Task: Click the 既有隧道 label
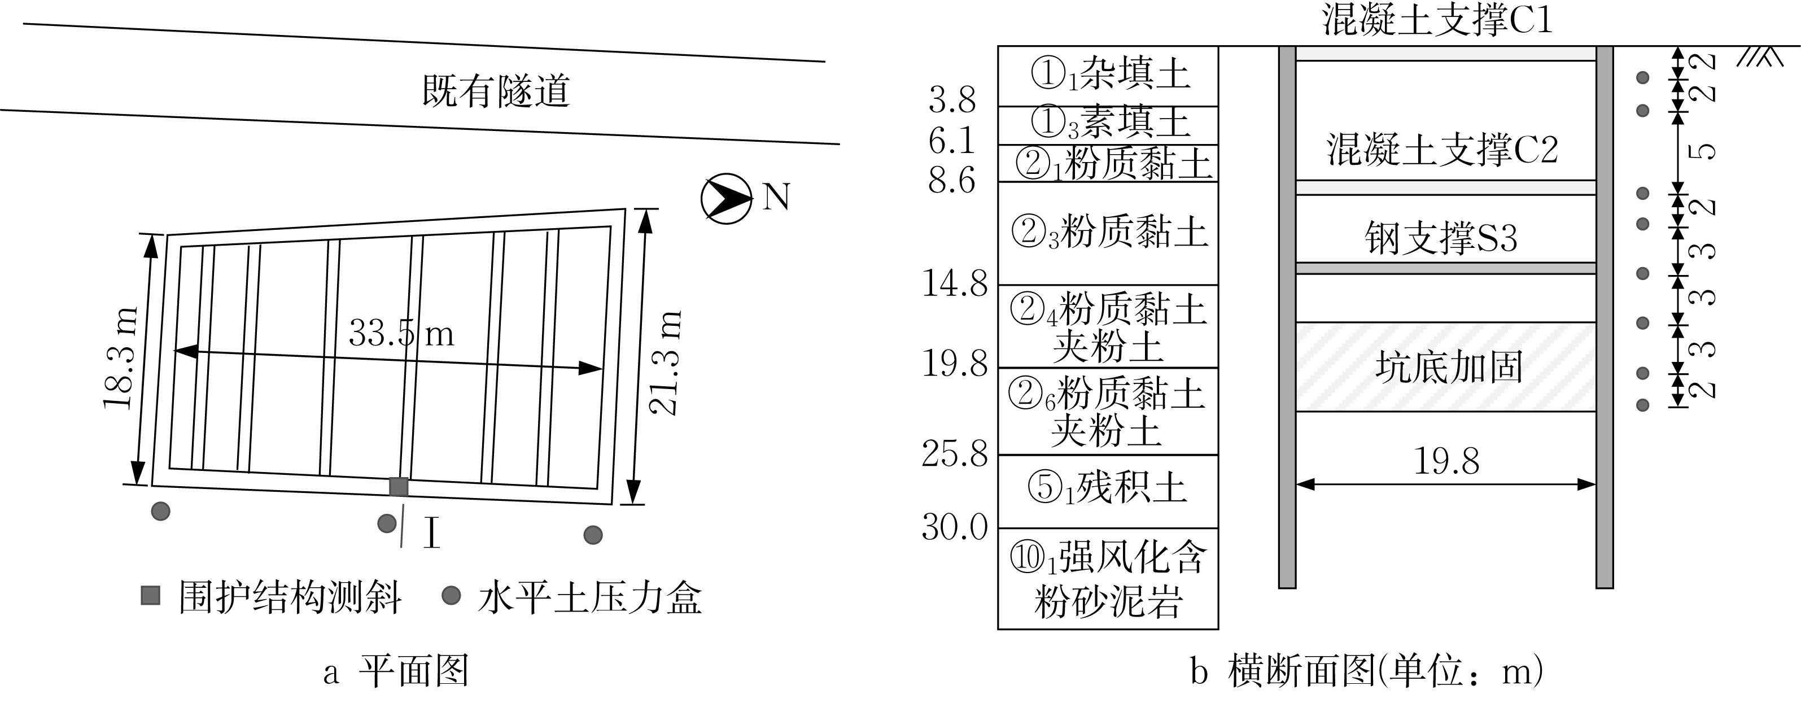pos(496,91)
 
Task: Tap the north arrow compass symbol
pos(727,199)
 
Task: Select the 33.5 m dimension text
pos(401,333)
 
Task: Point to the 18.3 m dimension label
pos(120,358)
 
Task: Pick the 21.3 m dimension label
pos(664,363)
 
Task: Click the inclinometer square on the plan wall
pos(399,486)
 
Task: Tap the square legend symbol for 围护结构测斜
pos(150,596)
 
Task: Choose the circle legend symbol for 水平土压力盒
pos(452,596)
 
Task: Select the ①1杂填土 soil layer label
pos(1109,74)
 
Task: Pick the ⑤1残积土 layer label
pos(1108,487)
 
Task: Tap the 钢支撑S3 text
pos(1441,238)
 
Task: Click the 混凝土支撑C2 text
pos(1442,149)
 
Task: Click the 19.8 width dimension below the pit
pos(1446,461)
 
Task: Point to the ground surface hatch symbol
pos(1760,56)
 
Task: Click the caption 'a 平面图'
pos(396,671)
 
